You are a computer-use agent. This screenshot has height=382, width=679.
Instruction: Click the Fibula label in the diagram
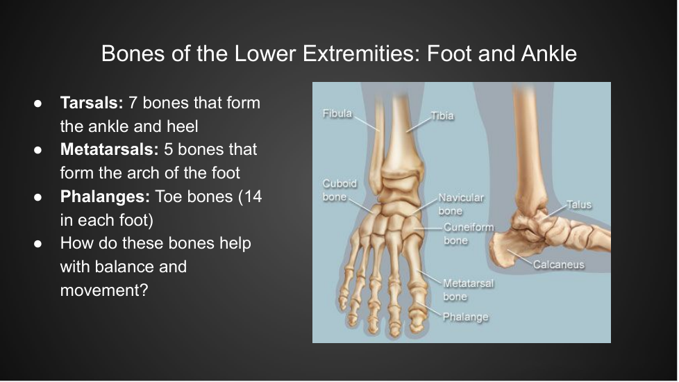[x=337, y=113]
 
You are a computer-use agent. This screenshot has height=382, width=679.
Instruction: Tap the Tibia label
[x=442, y=115]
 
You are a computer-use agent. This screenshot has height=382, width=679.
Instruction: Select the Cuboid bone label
[x=340, y=190]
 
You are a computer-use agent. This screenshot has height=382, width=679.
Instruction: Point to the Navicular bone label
[x=461, y=204]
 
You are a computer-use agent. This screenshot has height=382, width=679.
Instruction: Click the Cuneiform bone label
[x=469, y=234]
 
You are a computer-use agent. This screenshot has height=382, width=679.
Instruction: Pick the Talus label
[x=579, y=204]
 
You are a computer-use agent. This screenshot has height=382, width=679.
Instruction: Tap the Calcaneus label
[x=559, y=264]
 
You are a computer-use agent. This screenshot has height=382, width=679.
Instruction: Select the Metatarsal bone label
[x=468, y=290]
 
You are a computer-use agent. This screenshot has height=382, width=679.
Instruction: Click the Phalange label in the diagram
[x=466, y=317]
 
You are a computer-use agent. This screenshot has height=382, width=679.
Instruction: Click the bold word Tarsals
[x=92, y=103]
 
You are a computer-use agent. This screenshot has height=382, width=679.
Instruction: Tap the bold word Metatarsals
[x=110, y=149]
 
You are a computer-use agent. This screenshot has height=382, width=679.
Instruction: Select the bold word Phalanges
[x=105, y=197]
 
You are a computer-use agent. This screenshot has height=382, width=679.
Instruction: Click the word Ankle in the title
[x=549, y=53]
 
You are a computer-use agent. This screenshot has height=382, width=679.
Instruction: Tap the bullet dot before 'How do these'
[x=37, y=244]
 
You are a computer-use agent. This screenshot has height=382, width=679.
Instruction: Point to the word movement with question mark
[x=104, y=290]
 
